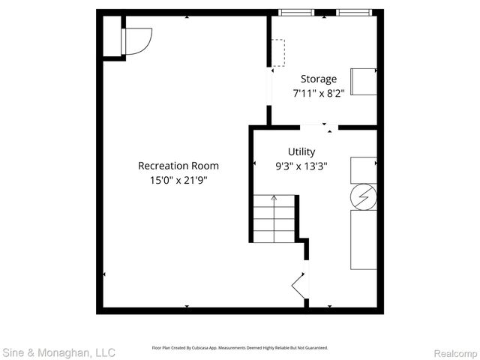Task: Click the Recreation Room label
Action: pyautogui.click(x=178, y=166)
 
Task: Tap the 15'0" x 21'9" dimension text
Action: pyautogui.click(x=178, y=180)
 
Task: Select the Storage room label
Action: pyautogui.click(x=319, y=79)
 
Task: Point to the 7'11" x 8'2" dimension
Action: pyautogui.click(x=319, y=94)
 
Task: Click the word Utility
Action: pyautogui.click(x=301, y=151)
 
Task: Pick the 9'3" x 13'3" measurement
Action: pyautogui.click(x=301, y=166)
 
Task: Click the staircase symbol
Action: pyautogui.click(x=274, y=217)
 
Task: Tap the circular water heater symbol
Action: pyautogui.click(x=364, y=196)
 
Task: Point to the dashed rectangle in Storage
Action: pyautogui.click(x=278, y=52)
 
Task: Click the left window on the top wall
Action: pyautogui.click(x=295, y=13)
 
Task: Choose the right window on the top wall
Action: pyautogui.click(x=353, y=13)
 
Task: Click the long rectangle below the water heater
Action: pyautogui.click(x=364, y=239)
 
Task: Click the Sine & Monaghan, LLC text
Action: pyautogui.click(x=58, y=352)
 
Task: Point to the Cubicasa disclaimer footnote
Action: pyautogui.click(x=240, y=348)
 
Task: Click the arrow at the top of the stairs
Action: pyautogui.click(x=274, y=198)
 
